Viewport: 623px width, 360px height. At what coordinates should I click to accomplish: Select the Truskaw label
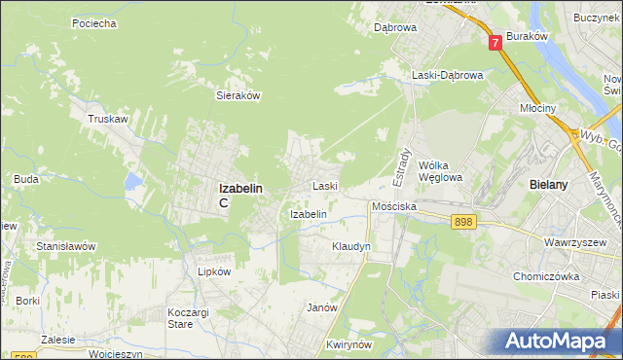click(109, 119)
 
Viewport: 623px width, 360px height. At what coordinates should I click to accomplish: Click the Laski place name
click(324, 185)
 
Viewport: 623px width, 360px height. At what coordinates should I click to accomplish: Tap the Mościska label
click(394, 207)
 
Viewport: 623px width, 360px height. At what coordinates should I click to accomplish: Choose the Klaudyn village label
click(351, 247)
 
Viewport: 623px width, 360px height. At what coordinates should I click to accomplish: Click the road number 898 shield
click(463, 223)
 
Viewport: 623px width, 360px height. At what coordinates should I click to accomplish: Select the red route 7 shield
click(496, 42)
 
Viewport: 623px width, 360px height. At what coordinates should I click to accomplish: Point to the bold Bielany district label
click(553, 184)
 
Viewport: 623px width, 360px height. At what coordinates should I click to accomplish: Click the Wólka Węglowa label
click(439, 171)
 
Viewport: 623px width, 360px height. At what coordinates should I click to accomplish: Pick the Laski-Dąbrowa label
click(447, 75)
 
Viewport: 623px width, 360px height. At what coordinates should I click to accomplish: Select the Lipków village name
click(214, 272)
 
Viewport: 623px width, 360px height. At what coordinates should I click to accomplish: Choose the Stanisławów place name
click(65, 246)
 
